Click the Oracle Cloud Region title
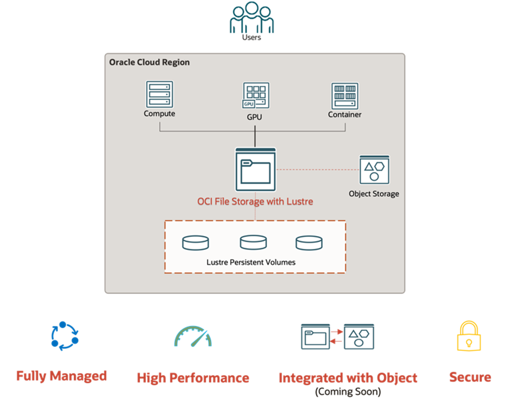149,62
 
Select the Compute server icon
159,94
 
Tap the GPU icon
255,96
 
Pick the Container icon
344,96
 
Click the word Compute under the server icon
159,114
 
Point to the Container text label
344,115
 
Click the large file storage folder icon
255,170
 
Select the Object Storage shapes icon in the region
374,170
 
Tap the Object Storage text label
374,194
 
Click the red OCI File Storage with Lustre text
255,202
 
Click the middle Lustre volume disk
253,242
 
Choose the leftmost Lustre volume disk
195,242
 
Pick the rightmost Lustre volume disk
309,242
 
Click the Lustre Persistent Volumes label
251,262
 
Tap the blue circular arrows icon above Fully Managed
64,336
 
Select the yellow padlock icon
469,336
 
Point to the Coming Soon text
348,392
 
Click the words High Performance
193,378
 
